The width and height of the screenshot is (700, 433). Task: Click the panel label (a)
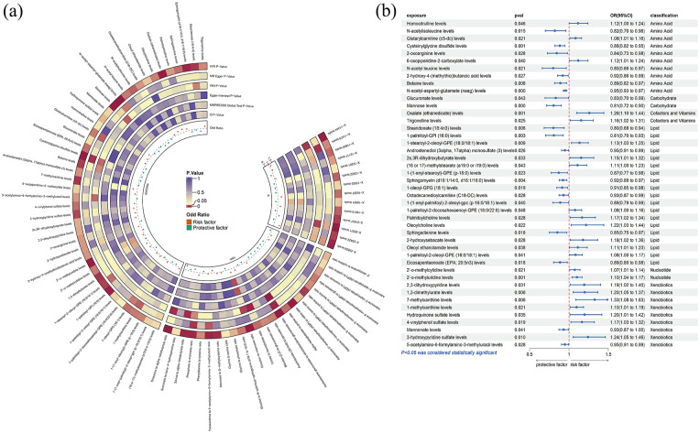14,14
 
